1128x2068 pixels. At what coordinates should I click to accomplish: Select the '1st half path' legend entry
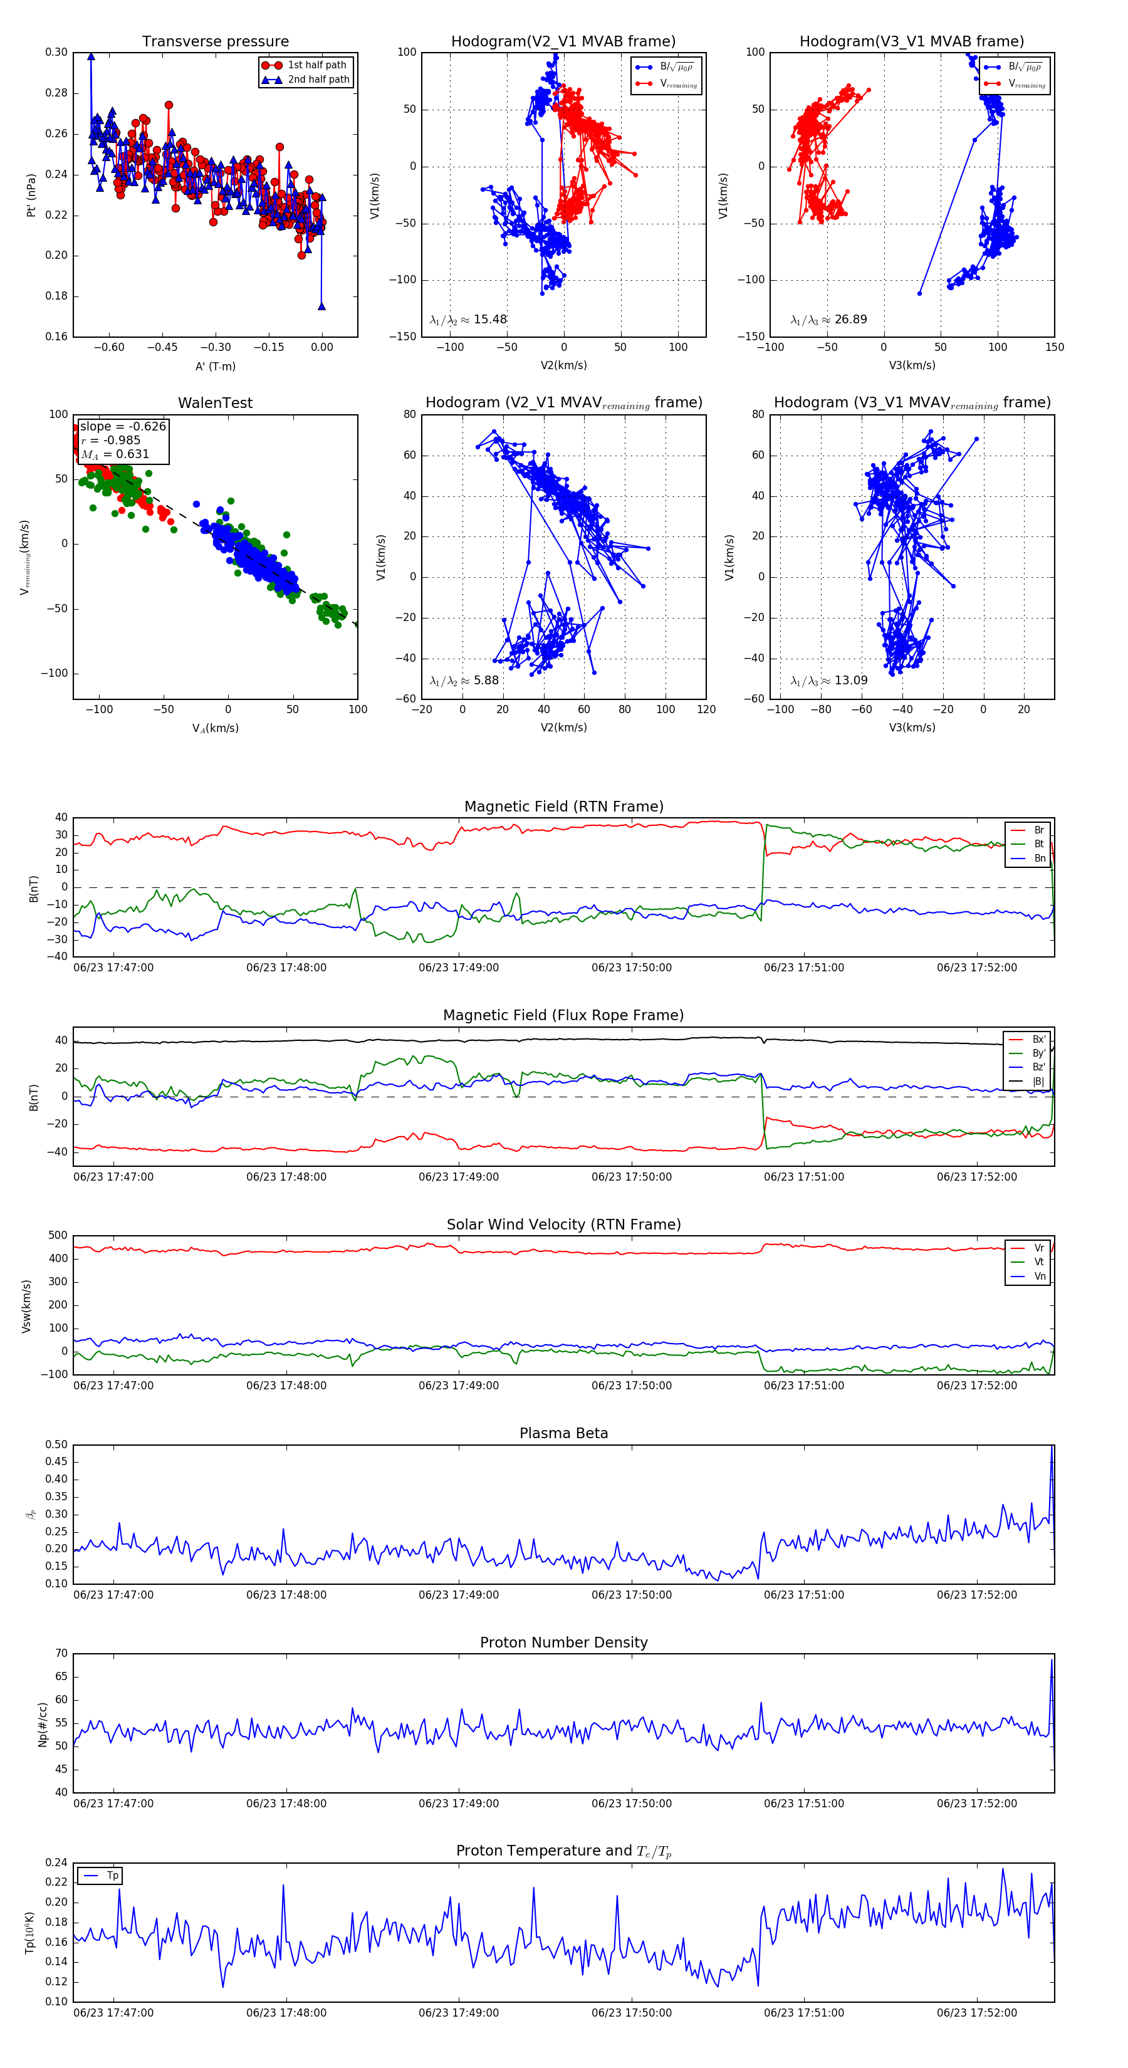click(x=317, y=65)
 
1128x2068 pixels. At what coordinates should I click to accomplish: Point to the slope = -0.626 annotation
click(x=123, y=426)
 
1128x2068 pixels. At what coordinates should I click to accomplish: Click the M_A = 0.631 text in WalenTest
click(x=115, y=454)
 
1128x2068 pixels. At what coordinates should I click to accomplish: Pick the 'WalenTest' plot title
click(x=215, y=403)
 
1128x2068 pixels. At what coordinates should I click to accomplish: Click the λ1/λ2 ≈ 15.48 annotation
click(x=468, y=320)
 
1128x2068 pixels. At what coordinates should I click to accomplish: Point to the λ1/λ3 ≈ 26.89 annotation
click(x=828, y=320)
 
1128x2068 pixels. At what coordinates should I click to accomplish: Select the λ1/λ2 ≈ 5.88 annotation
click(x=464, y=681)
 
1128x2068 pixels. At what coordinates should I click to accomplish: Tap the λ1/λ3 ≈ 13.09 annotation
click(x=828, y=681)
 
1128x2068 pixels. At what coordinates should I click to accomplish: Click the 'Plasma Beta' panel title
click(x=563, y=1433)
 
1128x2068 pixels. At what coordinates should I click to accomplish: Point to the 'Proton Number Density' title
click(x=563, y=1642)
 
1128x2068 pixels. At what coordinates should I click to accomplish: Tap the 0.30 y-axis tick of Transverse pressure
click(x=56, y=52)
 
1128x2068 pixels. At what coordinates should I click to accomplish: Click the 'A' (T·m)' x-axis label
click(x=215, y=366)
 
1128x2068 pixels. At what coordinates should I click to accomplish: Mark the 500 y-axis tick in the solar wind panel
click(x=58, y=1236)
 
